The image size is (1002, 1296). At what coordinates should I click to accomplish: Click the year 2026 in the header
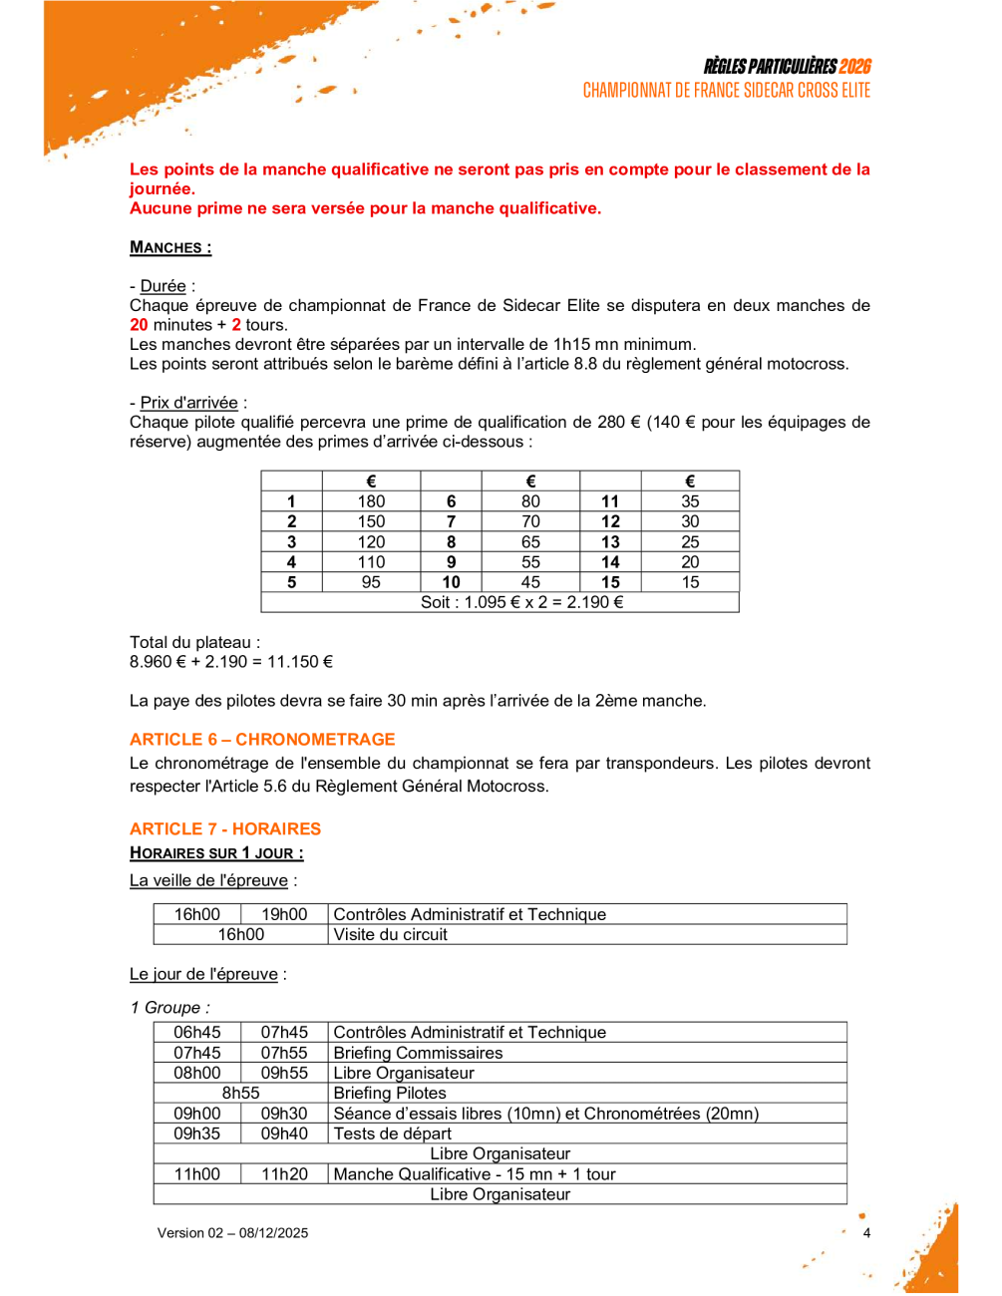point(854,67)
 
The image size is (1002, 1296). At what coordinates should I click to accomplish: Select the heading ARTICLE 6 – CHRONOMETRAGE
point(262,740)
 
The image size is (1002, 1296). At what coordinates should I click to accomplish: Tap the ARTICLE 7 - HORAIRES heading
point(225,829)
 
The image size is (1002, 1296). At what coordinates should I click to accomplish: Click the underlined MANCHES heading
point(170,248)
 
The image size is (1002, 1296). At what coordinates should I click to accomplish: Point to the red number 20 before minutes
point(139,325)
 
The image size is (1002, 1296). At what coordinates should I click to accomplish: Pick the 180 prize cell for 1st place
point(371,501)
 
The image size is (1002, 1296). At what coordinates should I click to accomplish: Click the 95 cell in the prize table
point(371,582)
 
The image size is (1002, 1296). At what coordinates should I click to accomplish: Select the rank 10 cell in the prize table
point(451,582)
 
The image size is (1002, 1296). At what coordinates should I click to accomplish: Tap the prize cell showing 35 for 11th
point(690,501)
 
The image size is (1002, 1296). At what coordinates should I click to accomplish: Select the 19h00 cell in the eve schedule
point(284,914)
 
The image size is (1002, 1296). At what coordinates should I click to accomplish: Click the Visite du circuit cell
point(391,935)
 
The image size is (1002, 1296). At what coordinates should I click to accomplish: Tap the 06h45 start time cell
point(197,1033)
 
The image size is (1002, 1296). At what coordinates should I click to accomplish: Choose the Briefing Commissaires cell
point(418,1053)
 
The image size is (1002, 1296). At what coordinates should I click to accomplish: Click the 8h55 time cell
point(241,1094)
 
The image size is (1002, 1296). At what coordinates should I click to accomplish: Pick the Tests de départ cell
point(392,1134)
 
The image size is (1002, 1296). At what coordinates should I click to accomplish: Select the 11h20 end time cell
point(284,1174)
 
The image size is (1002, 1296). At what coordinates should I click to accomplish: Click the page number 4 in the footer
point(866,1233)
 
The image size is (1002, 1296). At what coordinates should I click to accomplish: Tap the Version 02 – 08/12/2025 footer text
point(232,1233)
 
